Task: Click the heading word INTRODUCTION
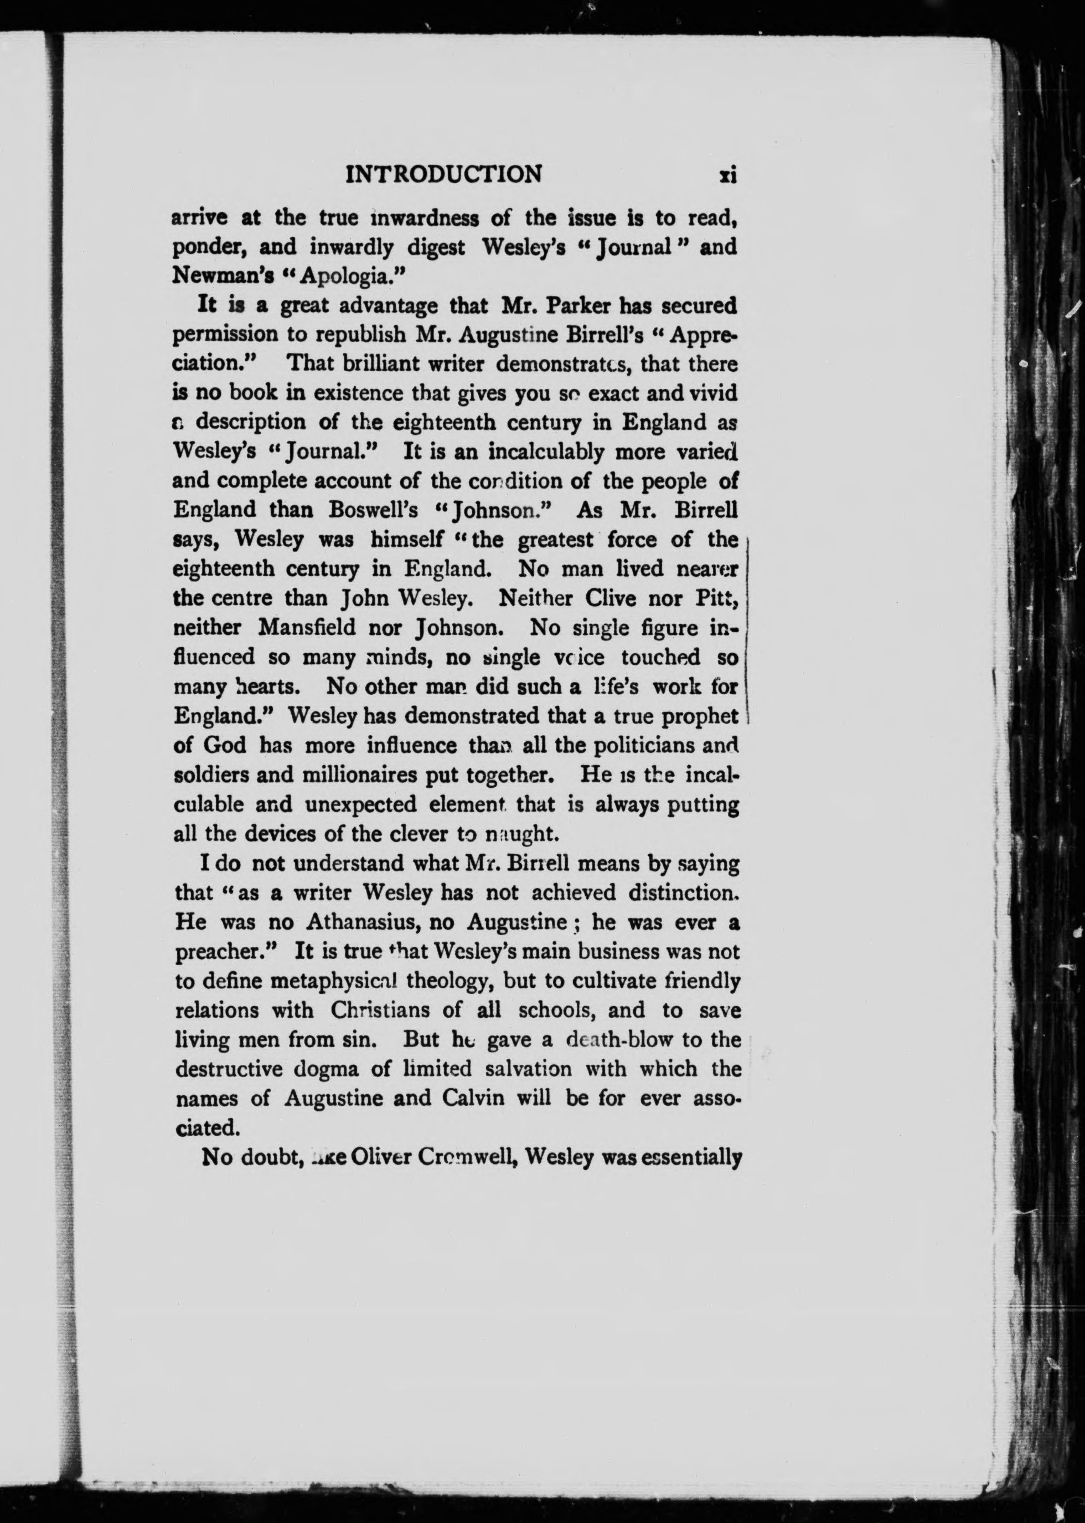443,175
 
